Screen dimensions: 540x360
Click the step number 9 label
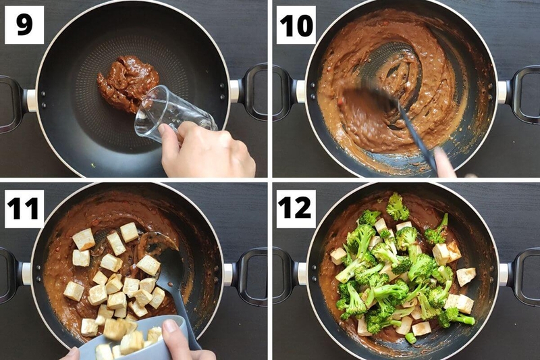click(24, 25)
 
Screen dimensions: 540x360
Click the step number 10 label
click(296, 25)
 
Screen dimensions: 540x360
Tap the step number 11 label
click(24, 209)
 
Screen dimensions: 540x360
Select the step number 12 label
click(296, 209)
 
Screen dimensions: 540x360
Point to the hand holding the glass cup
click(206, 150)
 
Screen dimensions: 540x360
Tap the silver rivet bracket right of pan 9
click(234, 91)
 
